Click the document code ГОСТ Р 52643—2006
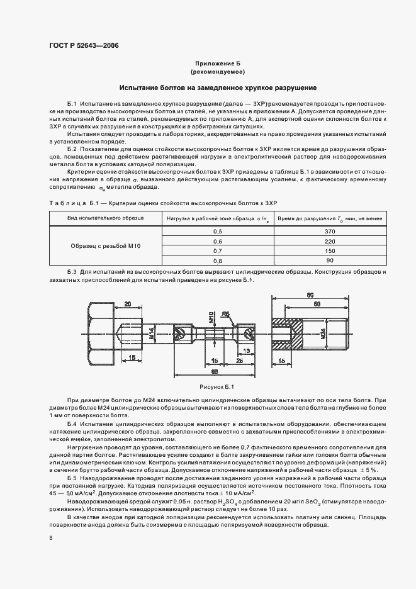coord(84,46)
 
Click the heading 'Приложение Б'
coord(218,64)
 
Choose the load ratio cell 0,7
coord(218,250)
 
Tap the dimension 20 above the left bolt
coord(128,304)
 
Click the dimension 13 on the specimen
coord(246,351)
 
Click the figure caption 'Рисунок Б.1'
coord(216,386)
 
